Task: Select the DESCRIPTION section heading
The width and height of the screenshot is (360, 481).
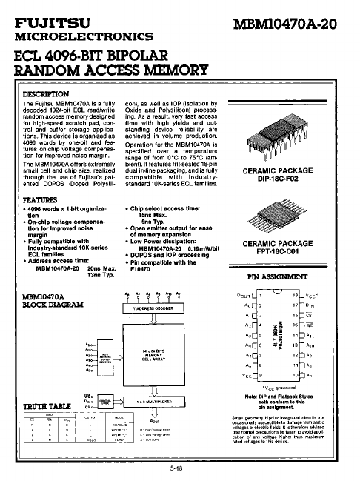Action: point(47,94)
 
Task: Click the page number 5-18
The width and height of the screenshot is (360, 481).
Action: point(177,469)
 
